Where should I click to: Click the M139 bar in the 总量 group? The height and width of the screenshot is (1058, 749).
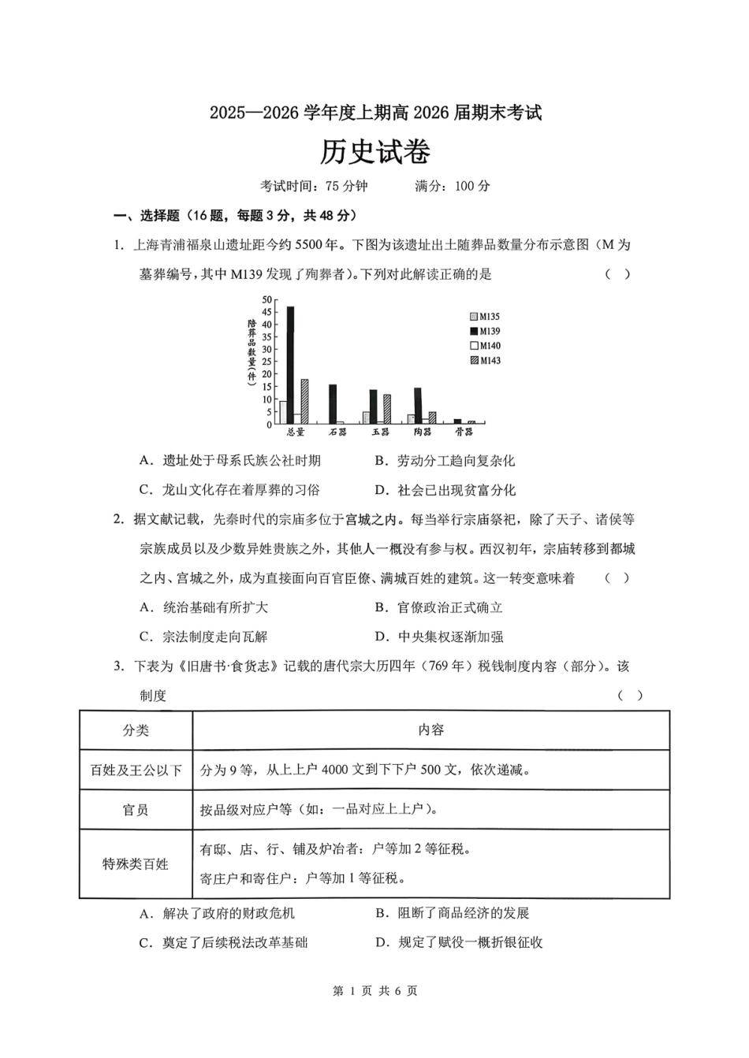pos(290,365)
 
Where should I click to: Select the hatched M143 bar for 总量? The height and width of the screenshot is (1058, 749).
pos(304,402)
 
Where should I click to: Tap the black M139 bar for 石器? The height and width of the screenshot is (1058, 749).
pos(333,404)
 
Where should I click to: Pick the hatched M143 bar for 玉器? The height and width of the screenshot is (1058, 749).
pos(387,410)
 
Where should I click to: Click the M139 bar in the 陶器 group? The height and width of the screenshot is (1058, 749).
pos(418,406)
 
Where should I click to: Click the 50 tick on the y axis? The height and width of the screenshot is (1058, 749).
pos(267,299)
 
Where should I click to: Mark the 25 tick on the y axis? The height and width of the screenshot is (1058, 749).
pos(267,362)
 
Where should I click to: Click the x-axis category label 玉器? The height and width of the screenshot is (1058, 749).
pos(380,432)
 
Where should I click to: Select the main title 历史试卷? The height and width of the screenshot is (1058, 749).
pos(374,152)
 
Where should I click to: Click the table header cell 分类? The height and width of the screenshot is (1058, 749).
pos(136,730)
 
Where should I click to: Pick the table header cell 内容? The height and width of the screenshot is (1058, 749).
pos(430,730)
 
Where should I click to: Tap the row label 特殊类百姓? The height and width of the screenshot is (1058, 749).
pos(136,864)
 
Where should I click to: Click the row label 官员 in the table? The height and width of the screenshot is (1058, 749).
pos(136,810)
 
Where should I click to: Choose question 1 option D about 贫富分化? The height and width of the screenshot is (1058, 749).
pos(445,490)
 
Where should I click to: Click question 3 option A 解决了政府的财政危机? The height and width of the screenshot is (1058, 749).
pos(218,913)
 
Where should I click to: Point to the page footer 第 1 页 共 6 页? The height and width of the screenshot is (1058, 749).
pos(375,990)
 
